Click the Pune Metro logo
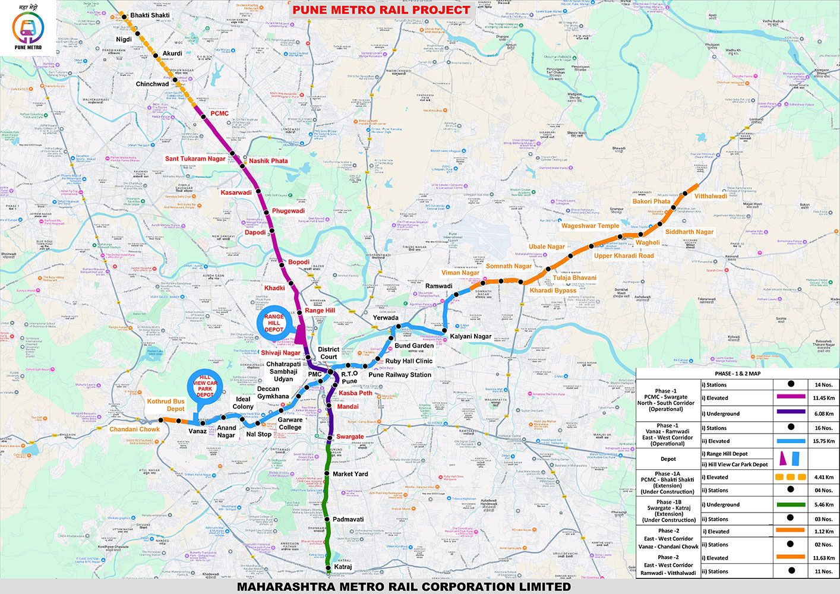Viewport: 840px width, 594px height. coord(28,29)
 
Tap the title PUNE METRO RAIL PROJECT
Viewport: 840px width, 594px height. coord(381,10)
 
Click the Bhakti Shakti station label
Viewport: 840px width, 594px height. coord(150,15)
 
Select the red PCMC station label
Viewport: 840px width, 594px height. coord(219,113)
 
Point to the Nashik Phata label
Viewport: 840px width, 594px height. coord(268,161)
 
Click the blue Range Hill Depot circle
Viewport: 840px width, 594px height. coord(274,323)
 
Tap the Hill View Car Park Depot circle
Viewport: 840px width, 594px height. coord(205,386)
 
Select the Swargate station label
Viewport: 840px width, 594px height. coord(350,437)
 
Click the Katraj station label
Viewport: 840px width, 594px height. coord(343,567)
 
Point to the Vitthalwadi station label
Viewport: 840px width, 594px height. coord(710,196)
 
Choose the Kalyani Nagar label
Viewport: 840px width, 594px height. coord(470,336)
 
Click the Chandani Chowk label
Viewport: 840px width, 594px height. coord(134,429)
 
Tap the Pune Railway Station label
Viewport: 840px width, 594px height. coord(400,375)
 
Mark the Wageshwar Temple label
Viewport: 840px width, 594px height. coord(590,226)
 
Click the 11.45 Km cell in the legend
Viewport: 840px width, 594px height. coord(823,398)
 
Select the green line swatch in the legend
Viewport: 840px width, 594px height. coord(790,504)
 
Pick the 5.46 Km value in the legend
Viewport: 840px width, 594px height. coord(823,504)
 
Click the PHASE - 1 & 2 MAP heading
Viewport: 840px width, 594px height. coord(737,374)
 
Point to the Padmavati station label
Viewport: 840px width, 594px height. coord(348,519)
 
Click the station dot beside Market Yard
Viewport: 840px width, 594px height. coord(326,473)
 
